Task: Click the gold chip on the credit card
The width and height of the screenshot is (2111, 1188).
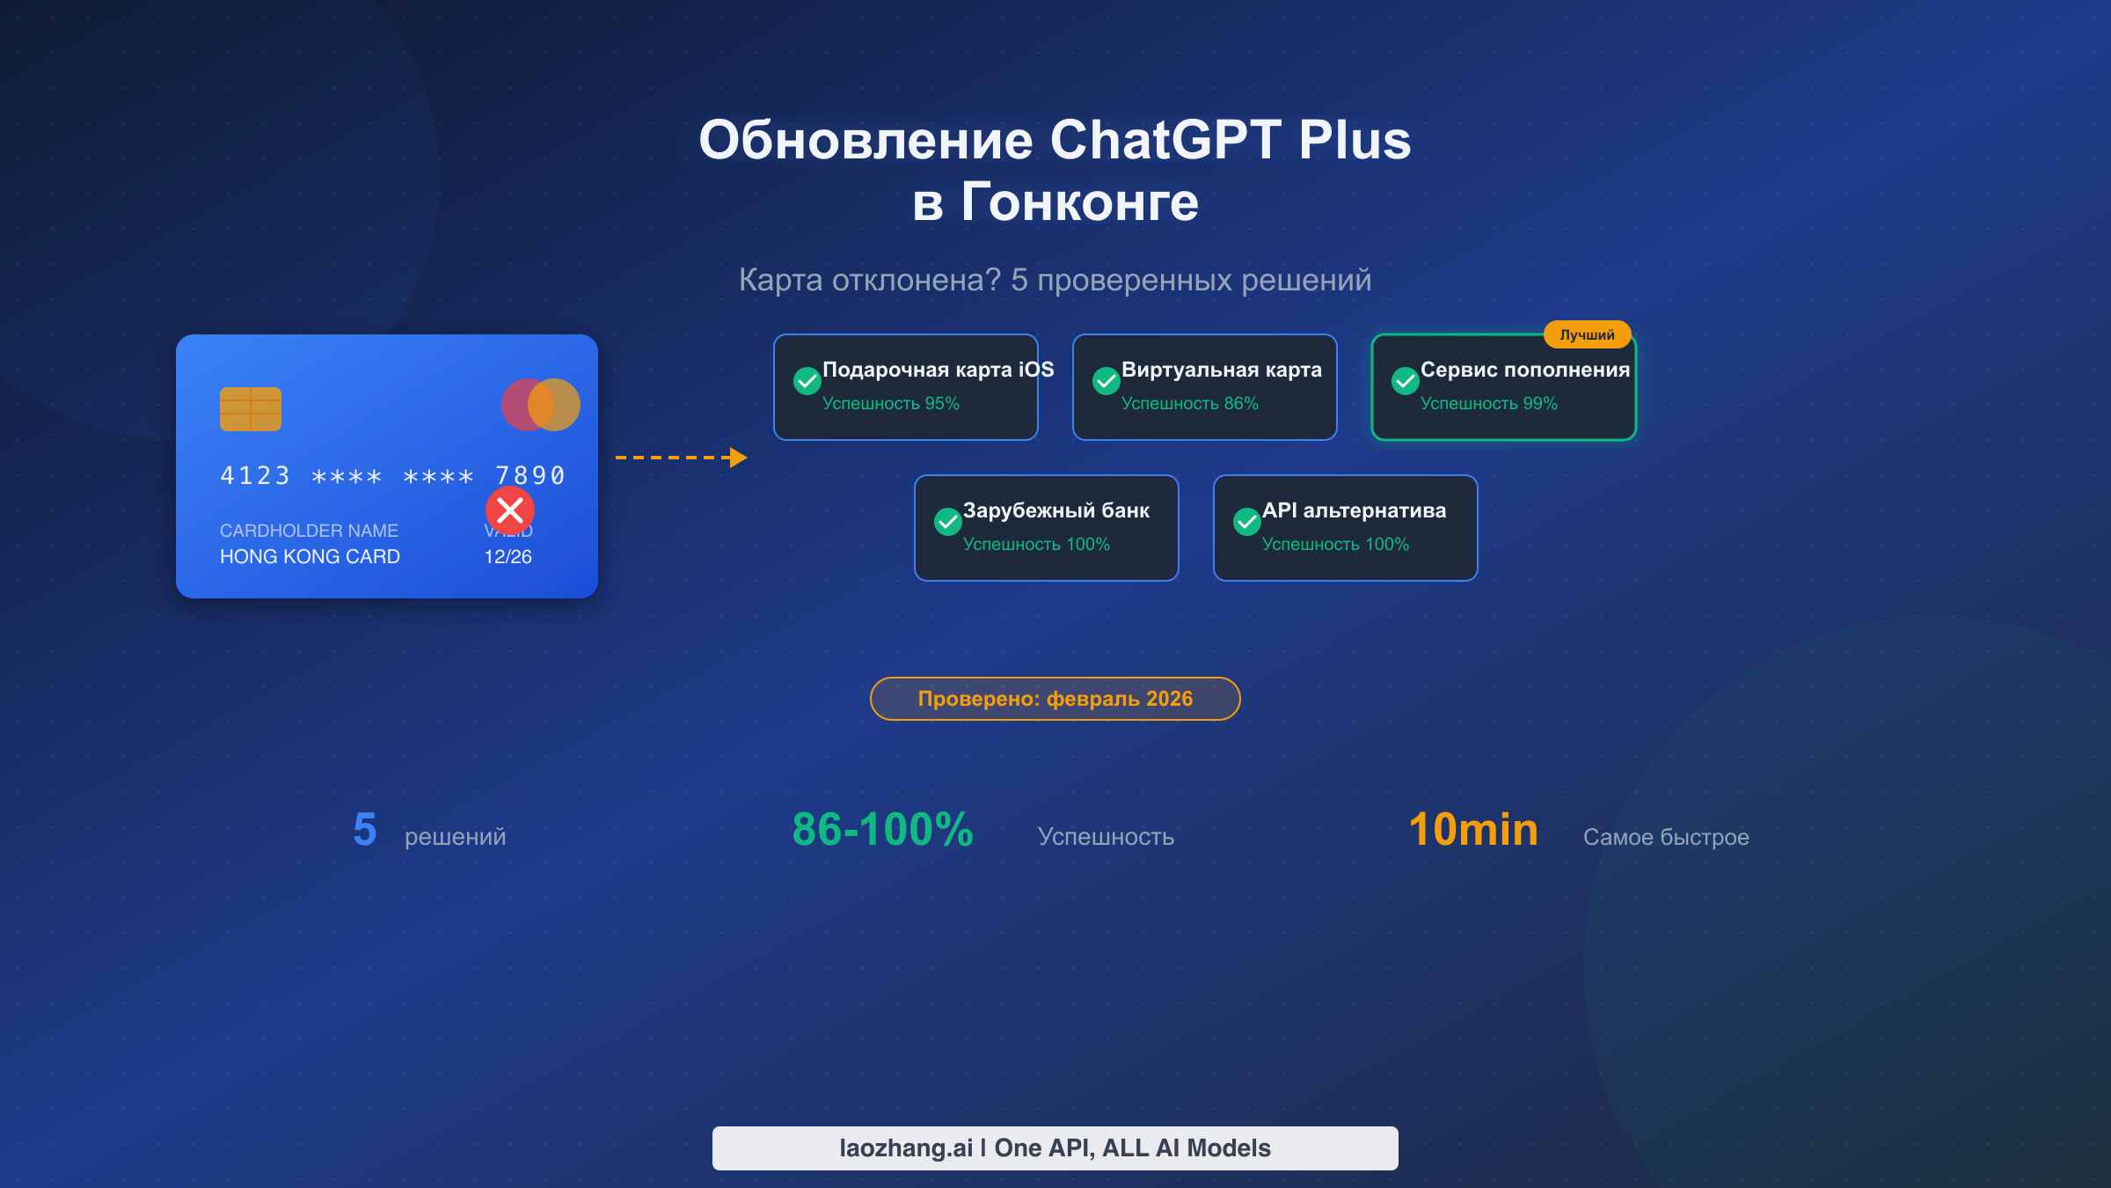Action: click(251, 409)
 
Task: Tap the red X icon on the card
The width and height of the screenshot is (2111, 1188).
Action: click(510, 510)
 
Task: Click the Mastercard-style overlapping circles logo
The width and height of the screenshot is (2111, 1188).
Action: click(540, 405)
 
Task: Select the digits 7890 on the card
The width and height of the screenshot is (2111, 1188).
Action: click(530, 476)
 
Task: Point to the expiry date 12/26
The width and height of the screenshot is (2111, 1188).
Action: click(508, 557)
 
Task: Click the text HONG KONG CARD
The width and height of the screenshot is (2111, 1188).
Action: click(310, 557)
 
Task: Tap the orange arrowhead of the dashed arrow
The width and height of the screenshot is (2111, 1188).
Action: click(738, 458)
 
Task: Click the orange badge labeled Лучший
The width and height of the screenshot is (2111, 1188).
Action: click(1587, 335)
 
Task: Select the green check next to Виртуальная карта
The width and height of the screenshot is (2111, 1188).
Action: click(1106, 381)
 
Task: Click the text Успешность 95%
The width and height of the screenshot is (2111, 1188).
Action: click(890, 404)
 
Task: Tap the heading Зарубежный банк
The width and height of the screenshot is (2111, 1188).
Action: click(1055, 510)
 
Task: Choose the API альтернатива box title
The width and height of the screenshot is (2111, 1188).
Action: click(1354, 510)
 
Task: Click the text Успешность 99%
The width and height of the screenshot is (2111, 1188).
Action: click(1488, 404)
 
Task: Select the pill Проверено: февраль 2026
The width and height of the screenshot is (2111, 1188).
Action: click(1055, 699)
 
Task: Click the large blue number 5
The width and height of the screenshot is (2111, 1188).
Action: click(364, 830)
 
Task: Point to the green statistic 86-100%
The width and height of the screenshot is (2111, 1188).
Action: click(882, 830)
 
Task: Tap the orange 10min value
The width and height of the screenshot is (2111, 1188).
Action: click(1473, 830)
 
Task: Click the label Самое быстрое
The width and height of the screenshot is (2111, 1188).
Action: click(1666, 837)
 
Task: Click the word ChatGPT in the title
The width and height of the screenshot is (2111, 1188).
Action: click(1165, 141)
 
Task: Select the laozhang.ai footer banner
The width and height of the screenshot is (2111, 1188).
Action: click(1055, 1148)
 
